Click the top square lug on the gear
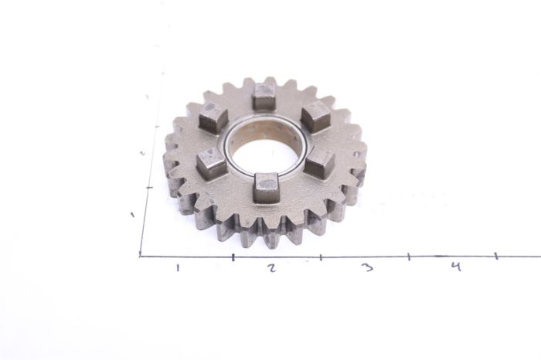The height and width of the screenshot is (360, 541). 264,96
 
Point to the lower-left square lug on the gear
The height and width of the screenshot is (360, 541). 211,162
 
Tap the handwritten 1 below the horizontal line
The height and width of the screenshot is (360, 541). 179,267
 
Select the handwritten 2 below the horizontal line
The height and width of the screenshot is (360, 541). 271,267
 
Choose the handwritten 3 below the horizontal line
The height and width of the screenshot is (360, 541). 367,267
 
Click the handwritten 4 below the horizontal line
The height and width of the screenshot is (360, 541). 456,267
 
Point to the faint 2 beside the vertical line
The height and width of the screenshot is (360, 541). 144,152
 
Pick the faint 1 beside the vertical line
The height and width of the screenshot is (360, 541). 133,214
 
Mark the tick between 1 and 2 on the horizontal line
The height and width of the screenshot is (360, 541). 233,256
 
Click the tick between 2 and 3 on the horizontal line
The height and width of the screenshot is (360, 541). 320,256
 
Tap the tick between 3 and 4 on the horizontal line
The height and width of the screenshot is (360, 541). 409,256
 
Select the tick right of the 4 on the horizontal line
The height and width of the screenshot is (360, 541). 495,255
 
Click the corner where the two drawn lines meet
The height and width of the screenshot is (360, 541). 141,256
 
